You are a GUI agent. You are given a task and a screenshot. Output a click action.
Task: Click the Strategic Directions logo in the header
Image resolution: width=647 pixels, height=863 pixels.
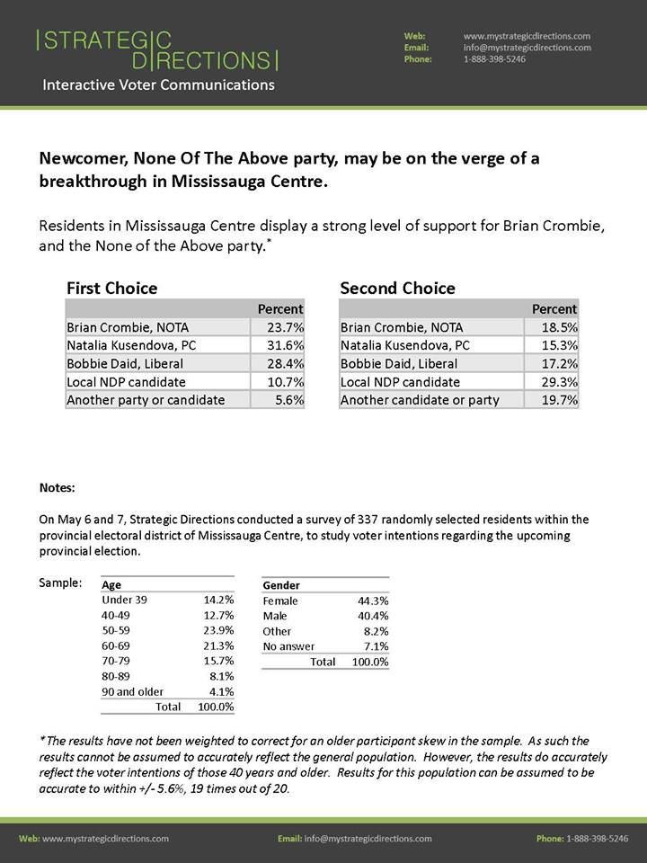[x=157, y=49]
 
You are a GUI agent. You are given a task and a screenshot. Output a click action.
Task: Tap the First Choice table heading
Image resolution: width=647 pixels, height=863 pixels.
[x=111, y=289]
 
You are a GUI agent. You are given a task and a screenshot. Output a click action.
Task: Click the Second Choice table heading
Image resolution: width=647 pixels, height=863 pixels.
[x=397, y=289]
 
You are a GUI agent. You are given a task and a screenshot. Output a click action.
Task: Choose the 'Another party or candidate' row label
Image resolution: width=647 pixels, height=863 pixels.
[x=146, y=400]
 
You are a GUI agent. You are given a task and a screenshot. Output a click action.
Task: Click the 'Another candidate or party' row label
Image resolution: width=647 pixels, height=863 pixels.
[x=419, y=400]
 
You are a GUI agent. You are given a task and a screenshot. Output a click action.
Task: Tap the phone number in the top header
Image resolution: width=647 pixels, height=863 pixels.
[x=494, y=59]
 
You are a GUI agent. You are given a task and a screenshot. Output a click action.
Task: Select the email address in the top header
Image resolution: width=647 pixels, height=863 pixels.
[x=527, y=48]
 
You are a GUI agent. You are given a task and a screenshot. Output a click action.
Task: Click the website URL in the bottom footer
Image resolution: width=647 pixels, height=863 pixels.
[x=105, y=839]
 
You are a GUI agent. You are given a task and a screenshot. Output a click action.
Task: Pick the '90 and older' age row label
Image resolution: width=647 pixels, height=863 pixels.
[x=132, y=691]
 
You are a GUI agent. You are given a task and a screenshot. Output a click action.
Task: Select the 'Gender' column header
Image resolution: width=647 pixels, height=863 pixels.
[x=281, y=585]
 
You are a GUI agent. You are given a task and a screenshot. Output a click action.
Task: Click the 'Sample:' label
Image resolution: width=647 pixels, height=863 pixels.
[x=60, y=583]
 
